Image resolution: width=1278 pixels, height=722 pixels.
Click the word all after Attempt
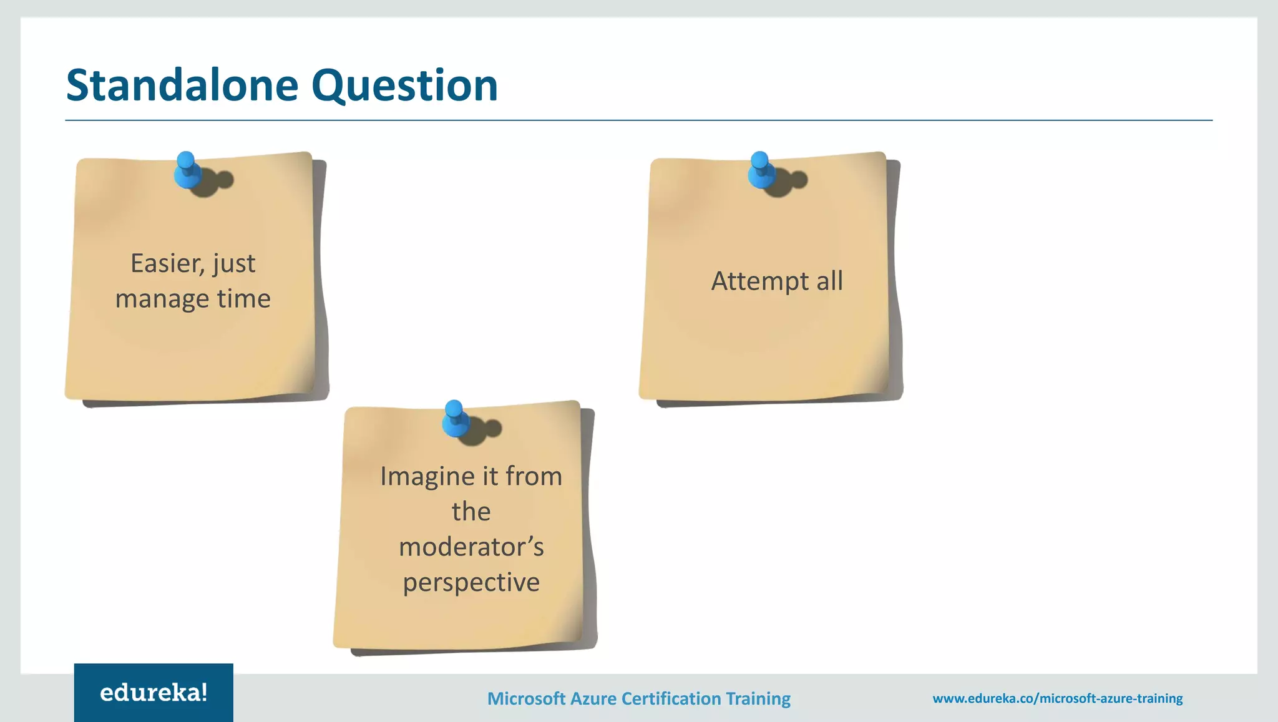click(x=829, y=281)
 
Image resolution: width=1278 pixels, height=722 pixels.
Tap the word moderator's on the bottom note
click(x=471, y=547)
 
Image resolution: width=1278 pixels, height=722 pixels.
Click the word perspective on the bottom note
click(x=471, y=583)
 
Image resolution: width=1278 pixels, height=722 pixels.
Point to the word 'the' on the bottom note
click(x=471, y=512)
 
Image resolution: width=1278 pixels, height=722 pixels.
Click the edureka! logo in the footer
click(x=154, y=693)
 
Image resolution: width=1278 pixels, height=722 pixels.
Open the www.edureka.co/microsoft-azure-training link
click(x=1057, y=698)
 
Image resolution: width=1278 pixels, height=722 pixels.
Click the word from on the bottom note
click(x=534, y=477)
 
